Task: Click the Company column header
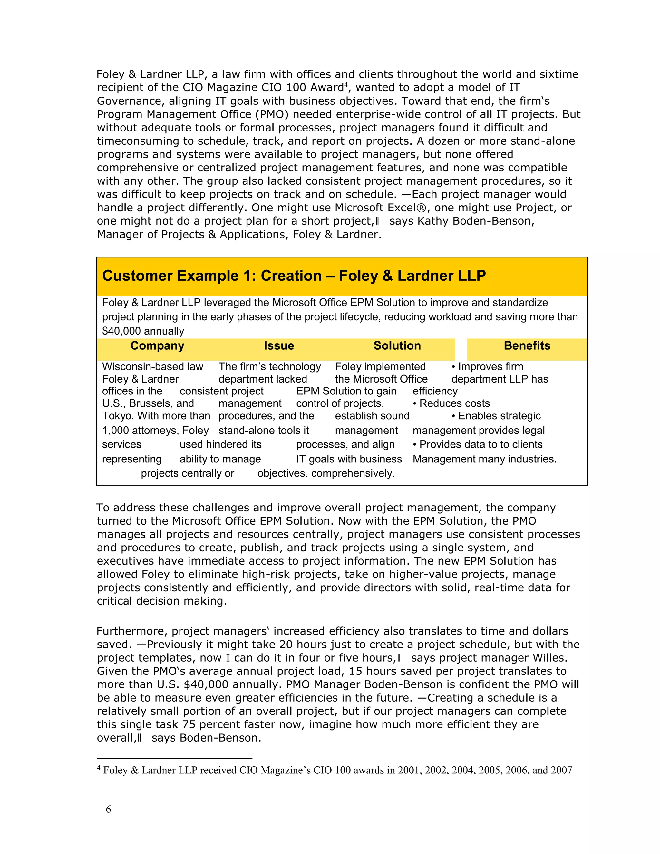(157, 346)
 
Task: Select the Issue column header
(279, 346)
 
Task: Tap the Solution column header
(397, 346)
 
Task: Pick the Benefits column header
(527, 346)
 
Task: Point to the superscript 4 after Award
(345, 84)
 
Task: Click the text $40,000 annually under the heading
(143, 331)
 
